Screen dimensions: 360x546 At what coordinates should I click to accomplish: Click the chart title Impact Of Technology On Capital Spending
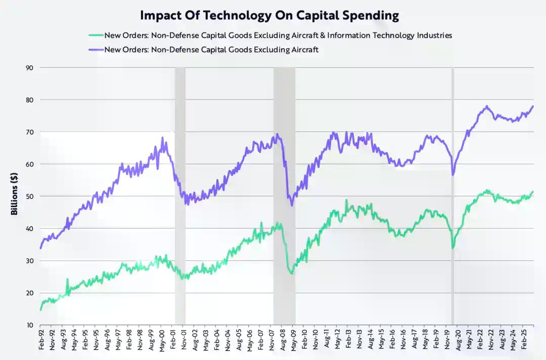(269, 15)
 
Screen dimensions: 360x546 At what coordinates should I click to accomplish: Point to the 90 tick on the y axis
(30, 68)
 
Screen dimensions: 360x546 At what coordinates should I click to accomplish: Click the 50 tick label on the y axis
(30, 196)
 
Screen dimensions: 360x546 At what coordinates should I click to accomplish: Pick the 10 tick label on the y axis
(30, 325)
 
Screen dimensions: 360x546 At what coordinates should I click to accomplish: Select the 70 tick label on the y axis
(30, 132)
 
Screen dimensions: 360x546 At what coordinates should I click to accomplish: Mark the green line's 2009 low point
(291, 274)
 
